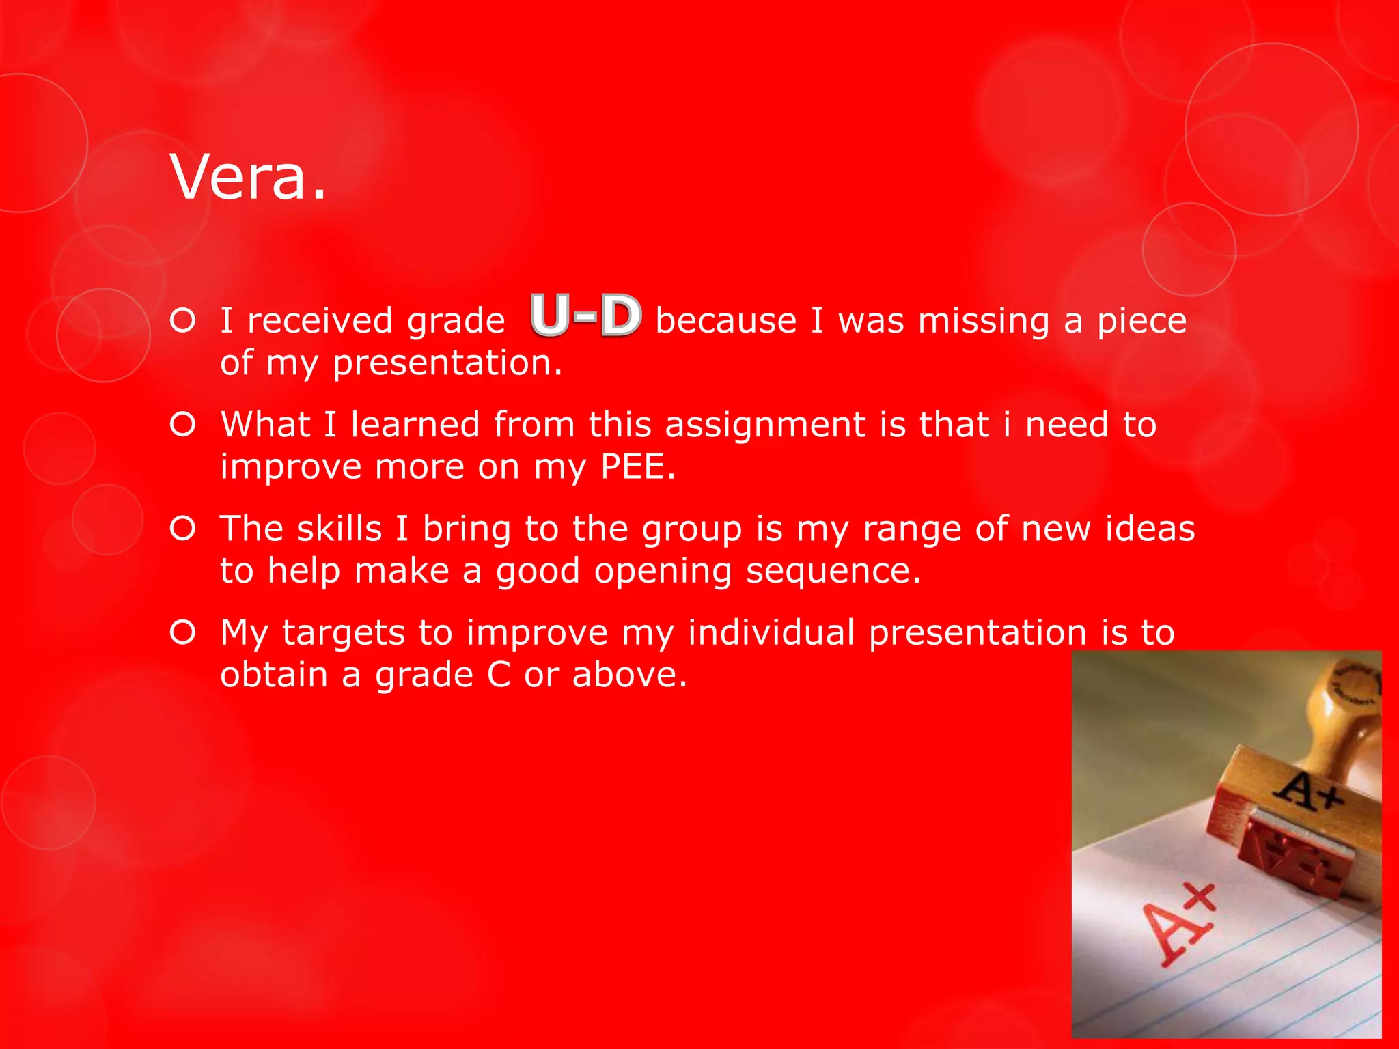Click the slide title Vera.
coord(248,177)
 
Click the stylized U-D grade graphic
coord(585,316)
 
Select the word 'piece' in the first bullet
coord(1141,322)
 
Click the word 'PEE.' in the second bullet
coord(637,467)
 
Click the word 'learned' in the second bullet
coord(415,425)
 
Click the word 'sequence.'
coord(833,572)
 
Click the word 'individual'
coord(771,632)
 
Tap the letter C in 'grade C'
coord(499,675)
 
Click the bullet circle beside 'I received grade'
coord(183,320)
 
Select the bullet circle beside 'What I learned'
coord(183,425)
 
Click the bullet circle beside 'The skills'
coord(183,529)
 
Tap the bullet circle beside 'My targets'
coord(183,632)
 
